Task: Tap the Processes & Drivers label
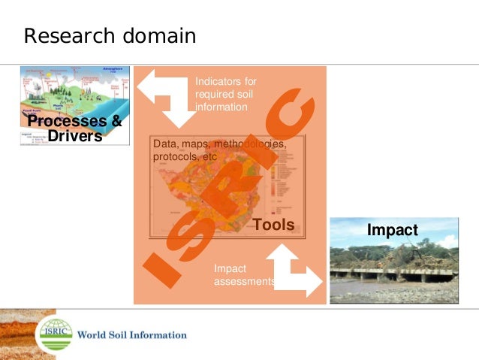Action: (74, 129)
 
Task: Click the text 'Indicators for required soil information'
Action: (226, 94)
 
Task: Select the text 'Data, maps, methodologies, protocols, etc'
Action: (218, 150)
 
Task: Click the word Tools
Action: (274, 225)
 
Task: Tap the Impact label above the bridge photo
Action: (392, 230)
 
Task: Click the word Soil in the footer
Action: (123, 334)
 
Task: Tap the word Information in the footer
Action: (162, 334)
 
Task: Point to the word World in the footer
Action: (92, 334)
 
